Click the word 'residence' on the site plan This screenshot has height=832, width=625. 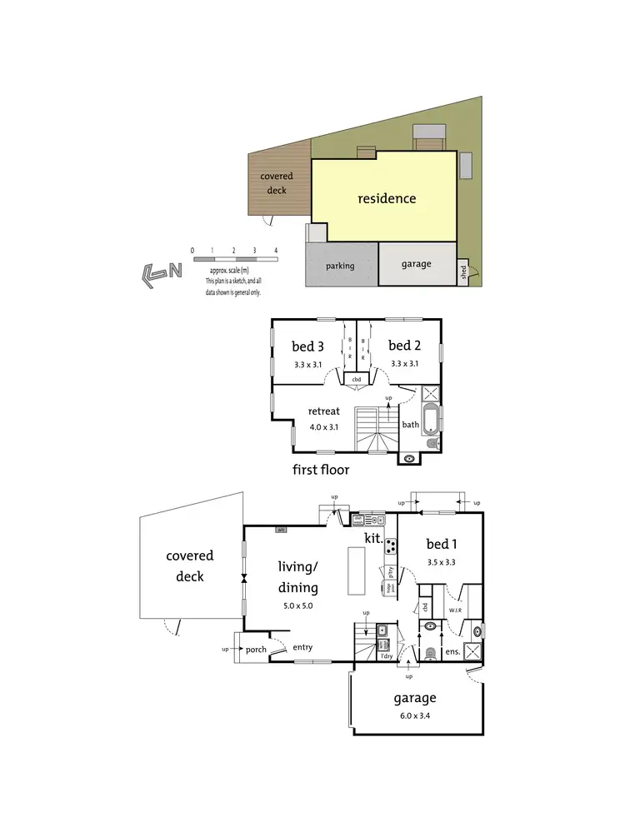(x=387, y=199)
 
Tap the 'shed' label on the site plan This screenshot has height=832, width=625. (x=463, y=272)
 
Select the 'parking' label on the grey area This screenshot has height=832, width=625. (x=340, y=266)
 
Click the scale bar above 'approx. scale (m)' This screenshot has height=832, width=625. (x=234, y=260)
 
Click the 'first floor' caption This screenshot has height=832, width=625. (x=320, y=470)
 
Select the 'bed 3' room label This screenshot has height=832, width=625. (x=307, y=346)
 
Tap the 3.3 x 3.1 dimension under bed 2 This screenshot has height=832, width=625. (x=405, y=364)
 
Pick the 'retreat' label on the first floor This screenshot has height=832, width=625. (x=323, y=411)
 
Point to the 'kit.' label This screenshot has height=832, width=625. (x=373, y=539)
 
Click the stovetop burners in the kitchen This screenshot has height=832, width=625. (x=390, y=546)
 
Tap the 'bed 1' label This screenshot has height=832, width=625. (x=442, y=544)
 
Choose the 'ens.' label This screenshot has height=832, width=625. (x=452, y=650)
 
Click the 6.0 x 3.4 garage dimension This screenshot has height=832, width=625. (x=414, y=715)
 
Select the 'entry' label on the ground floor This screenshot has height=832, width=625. (x=302, y=646)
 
